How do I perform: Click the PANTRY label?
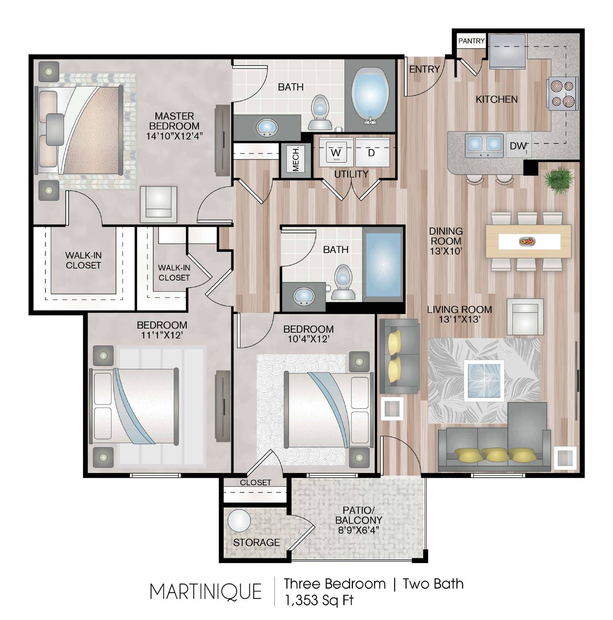(x=471, y=41)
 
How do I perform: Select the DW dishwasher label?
(x=518, y=146)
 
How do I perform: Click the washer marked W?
(x=336, y=152)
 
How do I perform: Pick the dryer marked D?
(x=372, y=152)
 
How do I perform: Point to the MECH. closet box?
(x=296, y=159)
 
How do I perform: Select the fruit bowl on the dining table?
(x=527, y=242)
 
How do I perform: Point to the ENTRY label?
(x=424, y=69)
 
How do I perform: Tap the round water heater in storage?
(x=239, y=521)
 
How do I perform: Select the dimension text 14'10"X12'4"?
(x=174, y=136)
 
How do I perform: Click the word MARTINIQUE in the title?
(x=205, y=592)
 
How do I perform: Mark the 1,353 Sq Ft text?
(x=319, y=600)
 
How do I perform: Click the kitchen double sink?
(x=484, y=145)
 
